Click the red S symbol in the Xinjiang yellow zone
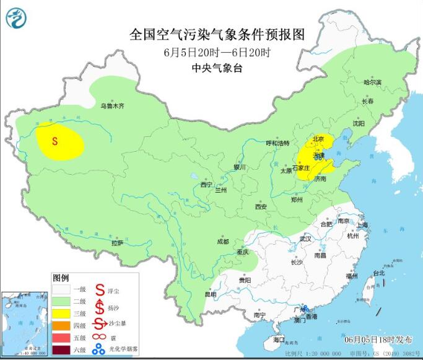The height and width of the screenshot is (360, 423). point(55,141)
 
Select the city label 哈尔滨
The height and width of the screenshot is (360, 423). point(373,82)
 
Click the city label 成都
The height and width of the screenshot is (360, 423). point(223,242)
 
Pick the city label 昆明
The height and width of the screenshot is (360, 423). point(211,294)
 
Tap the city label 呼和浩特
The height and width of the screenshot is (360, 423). point(277,143)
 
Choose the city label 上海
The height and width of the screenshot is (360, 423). point(362,225)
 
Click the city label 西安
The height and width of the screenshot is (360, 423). point(261,206)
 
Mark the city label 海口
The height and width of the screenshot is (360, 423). point(279,340)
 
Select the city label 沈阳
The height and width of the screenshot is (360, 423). point(359,124)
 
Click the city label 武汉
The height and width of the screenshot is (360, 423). point(305,239)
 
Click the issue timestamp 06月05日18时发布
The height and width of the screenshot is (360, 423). point(376,340)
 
